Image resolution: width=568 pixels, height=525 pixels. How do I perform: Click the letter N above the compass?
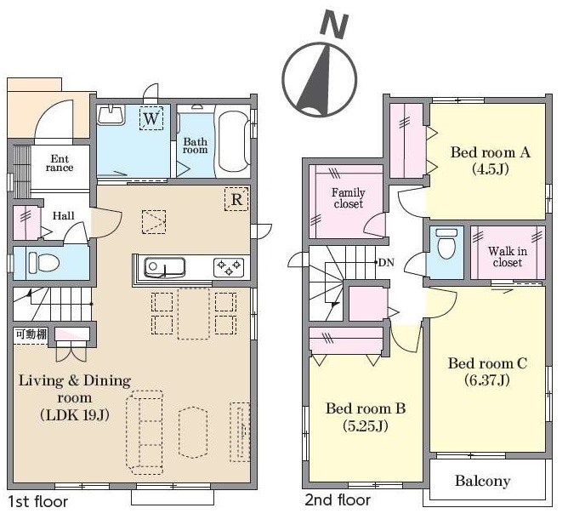point(334,26)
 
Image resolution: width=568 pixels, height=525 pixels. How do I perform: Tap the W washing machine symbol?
point(151,117)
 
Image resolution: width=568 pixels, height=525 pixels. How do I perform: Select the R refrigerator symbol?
point(236,199)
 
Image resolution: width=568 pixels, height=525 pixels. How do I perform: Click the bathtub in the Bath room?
point(234,141)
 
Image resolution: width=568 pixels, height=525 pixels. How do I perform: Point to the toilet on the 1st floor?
point(43,262)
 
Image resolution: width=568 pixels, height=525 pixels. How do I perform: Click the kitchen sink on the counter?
point(165,268)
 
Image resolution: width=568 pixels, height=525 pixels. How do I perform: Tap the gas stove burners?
point(229,268)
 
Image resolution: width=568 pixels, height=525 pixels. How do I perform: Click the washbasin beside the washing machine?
point(111,115)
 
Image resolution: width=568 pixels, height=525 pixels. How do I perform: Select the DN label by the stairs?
point(386,262)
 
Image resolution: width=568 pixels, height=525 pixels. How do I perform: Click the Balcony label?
point(482,481)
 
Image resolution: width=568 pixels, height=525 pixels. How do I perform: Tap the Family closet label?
point(348,198)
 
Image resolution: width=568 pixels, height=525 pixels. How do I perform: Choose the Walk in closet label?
point(507,256)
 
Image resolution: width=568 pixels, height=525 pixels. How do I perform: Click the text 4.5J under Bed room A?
point(491,169)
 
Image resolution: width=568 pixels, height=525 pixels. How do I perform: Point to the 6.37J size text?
point(487,379)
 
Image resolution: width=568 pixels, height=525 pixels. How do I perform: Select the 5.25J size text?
point(366,425)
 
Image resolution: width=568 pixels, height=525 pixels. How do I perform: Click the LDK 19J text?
point(75,414)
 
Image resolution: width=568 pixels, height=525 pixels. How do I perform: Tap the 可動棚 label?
point(31,334)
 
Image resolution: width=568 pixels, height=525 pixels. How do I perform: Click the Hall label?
point(64,216)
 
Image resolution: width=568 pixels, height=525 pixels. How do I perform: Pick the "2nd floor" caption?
point(338,500)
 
